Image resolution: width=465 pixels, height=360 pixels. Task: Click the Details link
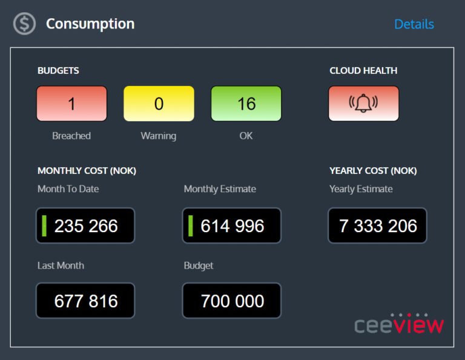tap(414, 24)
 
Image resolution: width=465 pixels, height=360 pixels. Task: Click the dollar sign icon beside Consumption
tap(25, 24)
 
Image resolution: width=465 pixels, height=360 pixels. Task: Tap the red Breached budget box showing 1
tap(71, 104)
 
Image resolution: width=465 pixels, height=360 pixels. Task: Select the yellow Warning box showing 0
tap(159, 104)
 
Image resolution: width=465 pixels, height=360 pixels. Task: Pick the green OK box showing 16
tap(246, 104)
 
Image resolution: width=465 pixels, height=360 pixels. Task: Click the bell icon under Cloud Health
tap(363, 104)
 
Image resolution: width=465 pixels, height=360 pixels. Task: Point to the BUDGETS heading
tap(58, 70)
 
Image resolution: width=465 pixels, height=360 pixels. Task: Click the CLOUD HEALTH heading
tap(363, 70)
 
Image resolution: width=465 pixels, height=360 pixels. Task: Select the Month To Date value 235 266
tap(86, 226)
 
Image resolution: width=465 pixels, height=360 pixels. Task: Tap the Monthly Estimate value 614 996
tap(232, 226)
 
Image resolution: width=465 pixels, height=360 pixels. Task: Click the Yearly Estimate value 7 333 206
tap(378, 226)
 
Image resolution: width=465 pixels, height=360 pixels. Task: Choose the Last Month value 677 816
tap(85, 301)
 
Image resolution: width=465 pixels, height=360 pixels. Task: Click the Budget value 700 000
tap(232, 301)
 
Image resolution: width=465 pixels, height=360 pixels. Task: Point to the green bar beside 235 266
tap(44, 225)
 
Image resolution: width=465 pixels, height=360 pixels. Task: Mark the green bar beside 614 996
tap(191, 225)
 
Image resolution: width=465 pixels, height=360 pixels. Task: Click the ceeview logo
tap(399, 324)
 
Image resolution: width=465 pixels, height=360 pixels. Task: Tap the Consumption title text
tap(90, 24)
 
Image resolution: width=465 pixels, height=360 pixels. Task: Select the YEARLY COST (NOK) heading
tap(373, 171)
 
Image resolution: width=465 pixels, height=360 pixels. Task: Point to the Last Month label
tap(61, 265)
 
